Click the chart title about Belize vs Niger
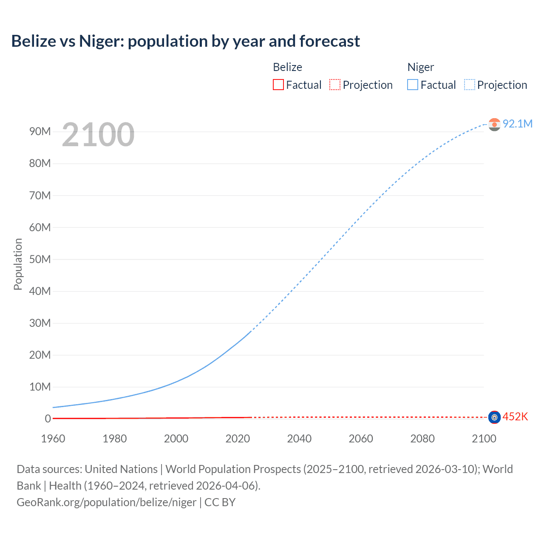tap(185, 41)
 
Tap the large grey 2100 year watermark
tap(98, 135)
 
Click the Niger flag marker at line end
tap(494, 124)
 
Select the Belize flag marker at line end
tap(494, 417)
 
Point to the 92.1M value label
tap(517, 124)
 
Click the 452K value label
tap(515, 417)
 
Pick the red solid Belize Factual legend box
tap(278, 85)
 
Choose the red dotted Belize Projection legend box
tap(335, 85)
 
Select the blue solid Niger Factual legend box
tap(413, 85)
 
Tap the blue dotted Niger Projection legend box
tap(470, 85)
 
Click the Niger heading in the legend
tap(420, 67)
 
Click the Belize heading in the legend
tap(287, 67)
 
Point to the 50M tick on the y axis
tap(40, 259)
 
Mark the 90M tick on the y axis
tap(40, 132)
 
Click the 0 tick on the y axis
tap(48, 419)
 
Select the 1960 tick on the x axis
tap(53, 439)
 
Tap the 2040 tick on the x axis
tap(299, 439)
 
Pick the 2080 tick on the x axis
tap(422, 439)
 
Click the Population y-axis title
tap(18, 264)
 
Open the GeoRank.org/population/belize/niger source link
tap(106, 502)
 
